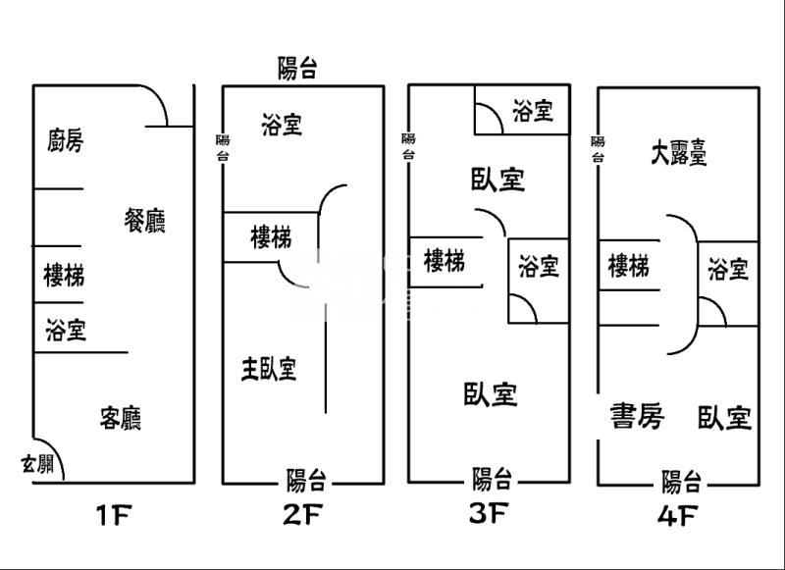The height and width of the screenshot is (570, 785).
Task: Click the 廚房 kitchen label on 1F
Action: (65, 141)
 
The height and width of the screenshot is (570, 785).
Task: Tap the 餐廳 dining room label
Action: (144, 221)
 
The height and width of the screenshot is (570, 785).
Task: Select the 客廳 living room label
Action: (121, 419)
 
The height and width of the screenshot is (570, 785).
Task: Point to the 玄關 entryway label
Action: (38, 464)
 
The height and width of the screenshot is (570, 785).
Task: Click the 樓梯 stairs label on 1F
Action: (64, 275)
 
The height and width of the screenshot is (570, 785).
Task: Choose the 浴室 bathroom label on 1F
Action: (66, 331)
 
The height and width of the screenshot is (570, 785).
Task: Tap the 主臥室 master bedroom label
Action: (270, 369)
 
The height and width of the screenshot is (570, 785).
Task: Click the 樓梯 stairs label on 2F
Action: (270, 236)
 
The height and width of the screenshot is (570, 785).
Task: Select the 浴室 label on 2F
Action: (282, 125)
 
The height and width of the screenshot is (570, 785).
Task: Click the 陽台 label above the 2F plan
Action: (297, 68)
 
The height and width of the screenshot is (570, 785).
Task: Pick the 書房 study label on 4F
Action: (637, 417)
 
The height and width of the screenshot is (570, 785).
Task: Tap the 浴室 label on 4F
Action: (728, 269)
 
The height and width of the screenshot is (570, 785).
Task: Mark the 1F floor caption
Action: (115, 514)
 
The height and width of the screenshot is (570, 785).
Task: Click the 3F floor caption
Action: (487, 512)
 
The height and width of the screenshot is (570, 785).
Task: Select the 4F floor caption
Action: (678, 514)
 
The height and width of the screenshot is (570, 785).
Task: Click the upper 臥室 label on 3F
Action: (497, 180)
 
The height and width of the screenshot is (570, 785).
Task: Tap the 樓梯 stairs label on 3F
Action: (445, 261)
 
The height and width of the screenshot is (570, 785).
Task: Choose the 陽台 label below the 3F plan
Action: (493, 479)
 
